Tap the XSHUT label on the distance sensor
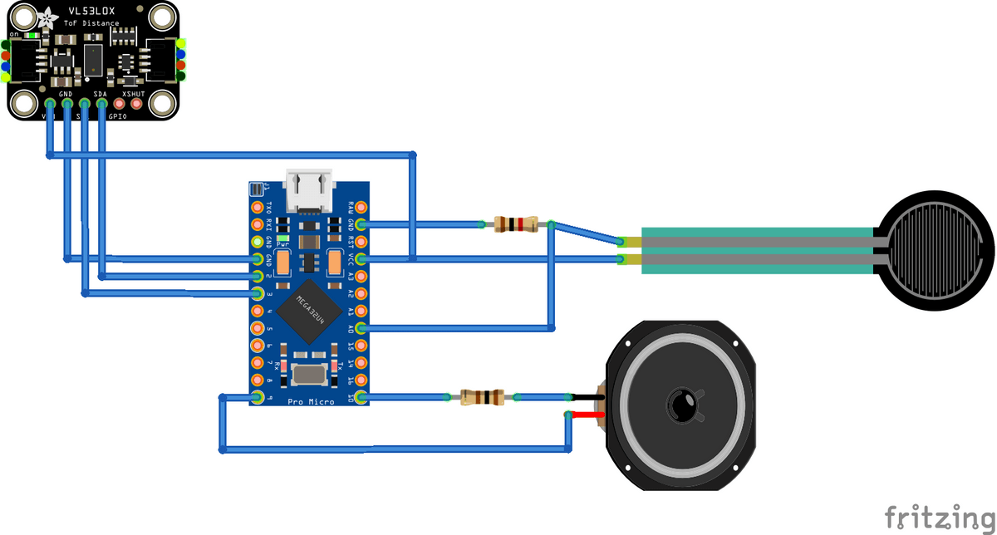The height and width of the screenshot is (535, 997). tap(134, 94)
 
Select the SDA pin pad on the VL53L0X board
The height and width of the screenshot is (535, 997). tap(102, 104)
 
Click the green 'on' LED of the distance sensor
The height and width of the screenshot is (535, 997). tap(31, 35)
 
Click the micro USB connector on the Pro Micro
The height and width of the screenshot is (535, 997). tap(309, 191)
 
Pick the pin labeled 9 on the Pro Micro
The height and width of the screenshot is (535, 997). tap(258, 399)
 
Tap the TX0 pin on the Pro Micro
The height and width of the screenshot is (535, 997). tap(258, 206)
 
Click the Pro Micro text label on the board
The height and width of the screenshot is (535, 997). tap(311, 402)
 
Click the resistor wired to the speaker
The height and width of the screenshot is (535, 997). tap(482, 398)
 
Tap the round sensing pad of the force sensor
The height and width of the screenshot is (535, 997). tap(937, 251)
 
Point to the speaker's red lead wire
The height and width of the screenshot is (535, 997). tap(584, 415)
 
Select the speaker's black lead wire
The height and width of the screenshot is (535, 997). tap(584, 398)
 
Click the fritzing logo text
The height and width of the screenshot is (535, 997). tap(938, 517)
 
